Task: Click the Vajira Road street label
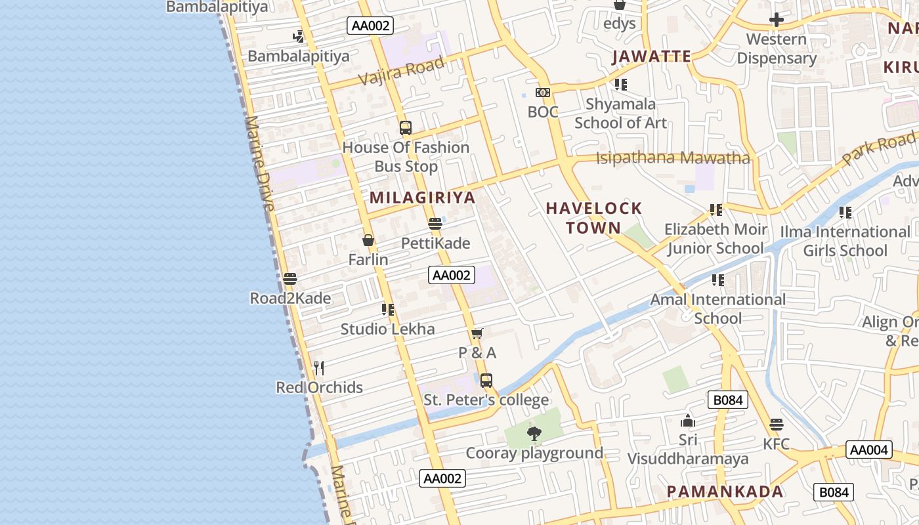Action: click(x=401, y=71)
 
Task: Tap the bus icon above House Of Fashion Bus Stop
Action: click(x=406, y=128)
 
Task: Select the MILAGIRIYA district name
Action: click(x=422, y=198)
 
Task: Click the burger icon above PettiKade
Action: click(x=435, y=224)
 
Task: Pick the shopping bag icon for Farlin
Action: click(x=368, y=241)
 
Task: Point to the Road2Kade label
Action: click(x=290, y=299)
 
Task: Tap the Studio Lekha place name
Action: click(x=387, y=329)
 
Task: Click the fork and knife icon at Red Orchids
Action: click(x=319, y=368)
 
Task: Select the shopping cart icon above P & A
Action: click(x=477, y=333)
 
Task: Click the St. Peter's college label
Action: click(x=486, y=400)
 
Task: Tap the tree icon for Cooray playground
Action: click(x=534, y=433)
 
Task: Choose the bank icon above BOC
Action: click(x=543, y=93)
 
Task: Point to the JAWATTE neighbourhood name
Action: click(x=652, y=56)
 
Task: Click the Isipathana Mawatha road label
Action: click(x=673, y=158)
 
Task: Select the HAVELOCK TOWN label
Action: click(x=594, y=218)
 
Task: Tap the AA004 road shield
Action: click(x=868, y=450)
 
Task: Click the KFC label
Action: click(x=776, y=444)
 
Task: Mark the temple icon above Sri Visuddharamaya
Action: click(x=688, y=421)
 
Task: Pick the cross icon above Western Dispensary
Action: click(x=777, y=20)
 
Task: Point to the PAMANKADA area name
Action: click(x=725, y=492)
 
